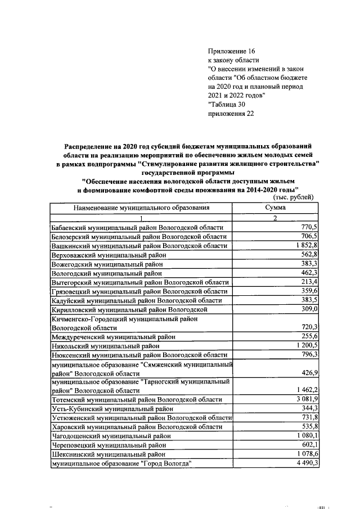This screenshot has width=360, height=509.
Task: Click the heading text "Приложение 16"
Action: pyautogui.click(x=232, y=51)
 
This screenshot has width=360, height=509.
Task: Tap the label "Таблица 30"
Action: pyautogui.click(x=226, y=104)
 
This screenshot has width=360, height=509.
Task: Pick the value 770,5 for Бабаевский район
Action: pyautogui.click(x=310, y=227)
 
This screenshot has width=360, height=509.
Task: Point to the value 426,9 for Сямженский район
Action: pyautogui.click(x=310, y=372)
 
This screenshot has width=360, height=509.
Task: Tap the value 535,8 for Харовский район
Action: pyautogui.click(x=310, y=426)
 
